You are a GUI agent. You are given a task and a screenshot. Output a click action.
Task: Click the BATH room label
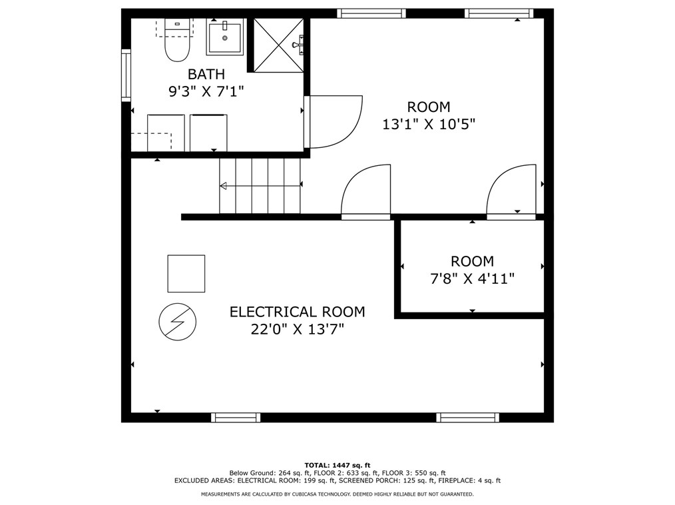click(x=206, y=74)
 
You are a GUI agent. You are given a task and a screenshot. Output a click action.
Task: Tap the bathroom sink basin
click(x=226, y=38)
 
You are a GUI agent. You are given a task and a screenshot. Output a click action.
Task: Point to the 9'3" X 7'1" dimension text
click(x=206, y=91)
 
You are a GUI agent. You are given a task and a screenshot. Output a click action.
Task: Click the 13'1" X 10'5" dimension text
click(x=429, y=124)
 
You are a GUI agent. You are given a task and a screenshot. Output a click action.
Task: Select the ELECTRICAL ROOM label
click(x=297, y=312)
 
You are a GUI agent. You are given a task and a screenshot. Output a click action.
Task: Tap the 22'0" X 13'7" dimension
click(x=297, y=329)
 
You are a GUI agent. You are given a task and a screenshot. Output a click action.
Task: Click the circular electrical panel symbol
click(x=178, y=322)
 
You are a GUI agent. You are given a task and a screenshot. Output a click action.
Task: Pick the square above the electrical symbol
click(x=186, y=273)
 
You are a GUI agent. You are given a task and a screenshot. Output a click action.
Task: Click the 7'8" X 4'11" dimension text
click(x=472, y=278)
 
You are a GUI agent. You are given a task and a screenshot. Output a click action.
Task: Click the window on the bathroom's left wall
click(x=126, y=75)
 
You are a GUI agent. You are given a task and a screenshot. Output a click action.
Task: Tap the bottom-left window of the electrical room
click(x=236, y=418)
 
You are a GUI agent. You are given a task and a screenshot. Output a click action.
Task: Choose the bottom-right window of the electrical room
click(x=467, y=418)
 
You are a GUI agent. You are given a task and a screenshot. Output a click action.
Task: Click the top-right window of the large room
click(x=499, y=13)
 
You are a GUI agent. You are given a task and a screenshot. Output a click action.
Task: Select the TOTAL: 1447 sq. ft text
click(x=337, y=465)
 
